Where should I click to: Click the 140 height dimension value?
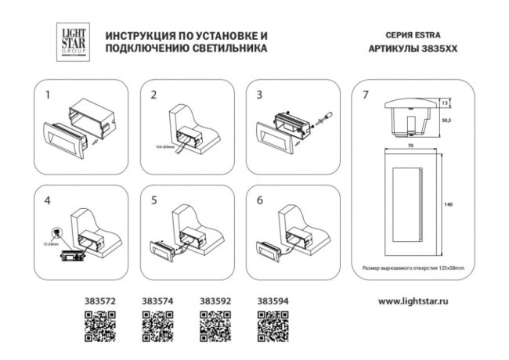448,205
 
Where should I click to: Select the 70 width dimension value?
410,144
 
